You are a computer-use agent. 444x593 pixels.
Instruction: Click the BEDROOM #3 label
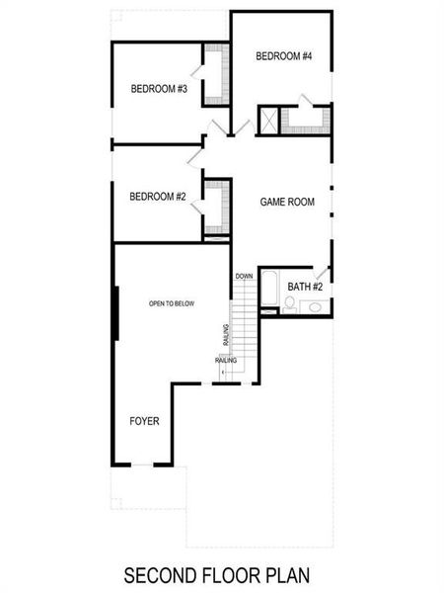[160, 89]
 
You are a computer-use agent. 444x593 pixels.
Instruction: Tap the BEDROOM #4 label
[283, 56]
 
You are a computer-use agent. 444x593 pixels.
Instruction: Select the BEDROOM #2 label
[158, 197]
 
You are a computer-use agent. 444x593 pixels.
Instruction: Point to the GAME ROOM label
[287, 203]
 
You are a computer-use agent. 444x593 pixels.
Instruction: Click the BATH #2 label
[305, 287]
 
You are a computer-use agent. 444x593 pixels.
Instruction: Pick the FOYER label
[144, 421]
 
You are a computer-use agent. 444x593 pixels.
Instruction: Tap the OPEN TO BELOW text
[172, 303]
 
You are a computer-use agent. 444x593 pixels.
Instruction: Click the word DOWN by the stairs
[244, 276]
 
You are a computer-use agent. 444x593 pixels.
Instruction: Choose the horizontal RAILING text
[225, 361]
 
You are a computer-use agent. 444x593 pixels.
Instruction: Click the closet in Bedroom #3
[216, 74]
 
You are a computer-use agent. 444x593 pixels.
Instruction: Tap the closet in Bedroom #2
[216, 208]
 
